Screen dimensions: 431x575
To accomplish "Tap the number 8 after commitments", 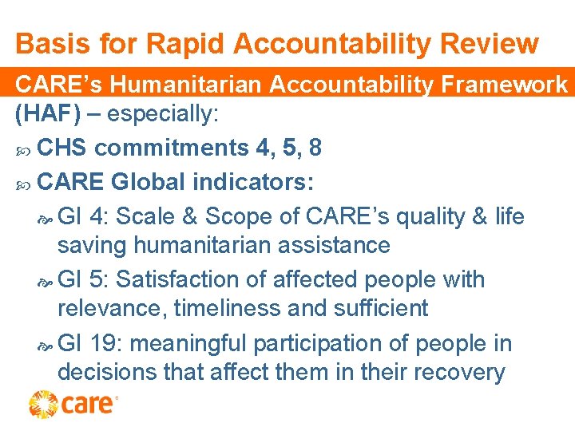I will [x=315, y=148].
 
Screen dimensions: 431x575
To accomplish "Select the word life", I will [x=508, y=216].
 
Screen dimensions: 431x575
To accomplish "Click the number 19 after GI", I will [x=105, y=344].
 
